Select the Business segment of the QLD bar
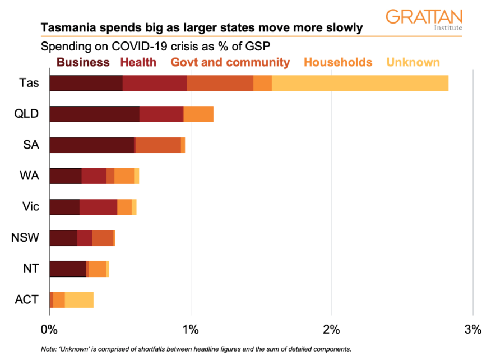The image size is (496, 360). (x=94, y=114)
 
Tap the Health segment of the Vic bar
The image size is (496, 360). (x=98, y=207)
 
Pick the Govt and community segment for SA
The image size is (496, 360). (x=158, y=145)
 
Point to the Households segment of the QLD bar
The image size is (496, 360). (x=198, y=114)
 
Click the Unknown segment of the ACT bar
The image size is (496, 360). (x=79, y=299)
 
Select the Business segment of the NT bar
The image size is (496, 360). (x=68, y=269)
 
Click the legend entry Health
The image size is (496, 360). (x=138, y=62)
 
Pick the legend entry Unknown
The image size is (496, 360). (x=413, y=62)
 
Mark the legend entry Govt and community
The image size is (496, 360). (x=230, y=62)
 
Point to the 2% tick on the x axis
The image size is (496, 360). (x=332, y=329)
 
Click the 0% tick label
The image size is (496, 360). (x=49, y=329)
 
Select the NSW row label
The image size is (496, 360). (x=25, y=238)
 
